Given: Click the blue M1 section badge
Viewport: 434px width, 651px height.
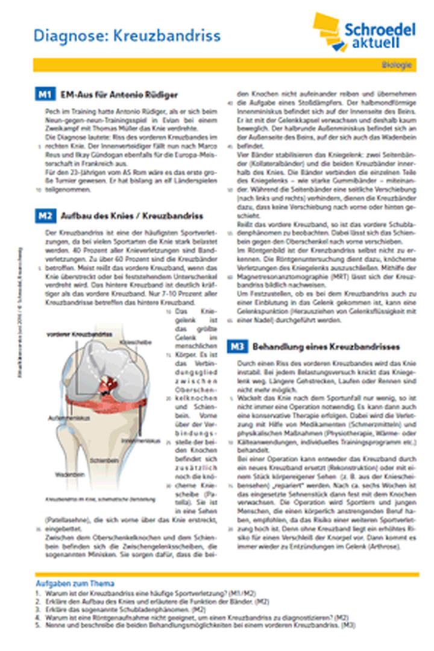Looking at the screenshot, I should tap(46, 95).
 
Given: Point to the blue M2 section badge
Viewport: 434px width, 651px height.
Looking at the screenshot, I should tap(46, 216).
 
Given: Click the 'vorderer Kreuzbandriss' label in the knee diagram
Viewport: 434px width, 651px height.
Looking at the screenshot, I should tap(74, 333).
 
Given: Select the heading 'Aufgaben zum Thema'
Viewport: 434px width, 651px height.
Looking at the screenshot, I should tap(75, 584).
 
